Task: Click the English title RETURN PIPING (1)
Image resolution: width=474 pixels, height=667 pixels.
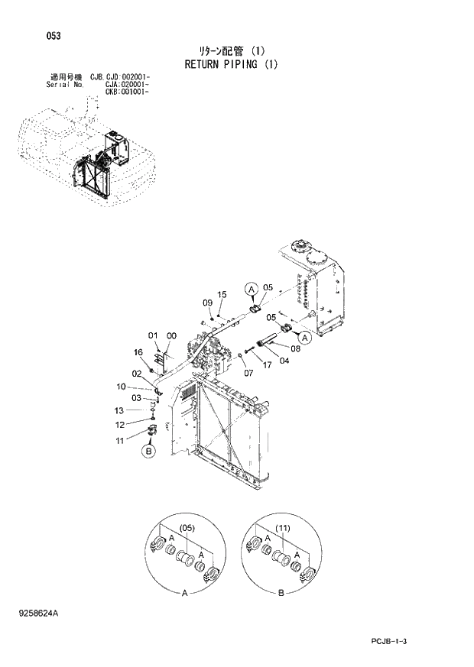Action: (231, 64)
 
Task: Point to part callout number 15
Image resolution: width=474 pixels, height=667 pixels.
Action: (222, 294)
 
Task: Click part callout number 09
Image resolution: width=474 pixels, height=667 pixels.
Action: (207, 303)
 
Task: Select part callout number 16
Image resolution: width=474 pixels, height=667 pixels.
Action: (138, 352)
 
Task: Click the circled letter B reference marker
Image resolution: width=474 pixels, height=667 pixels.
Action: (148, 452)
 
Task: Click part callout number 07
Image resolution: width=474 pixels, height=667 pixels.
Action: (248, 373)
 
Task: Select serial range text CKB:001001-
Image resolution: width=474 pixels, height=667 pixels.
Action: (126, 92)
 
